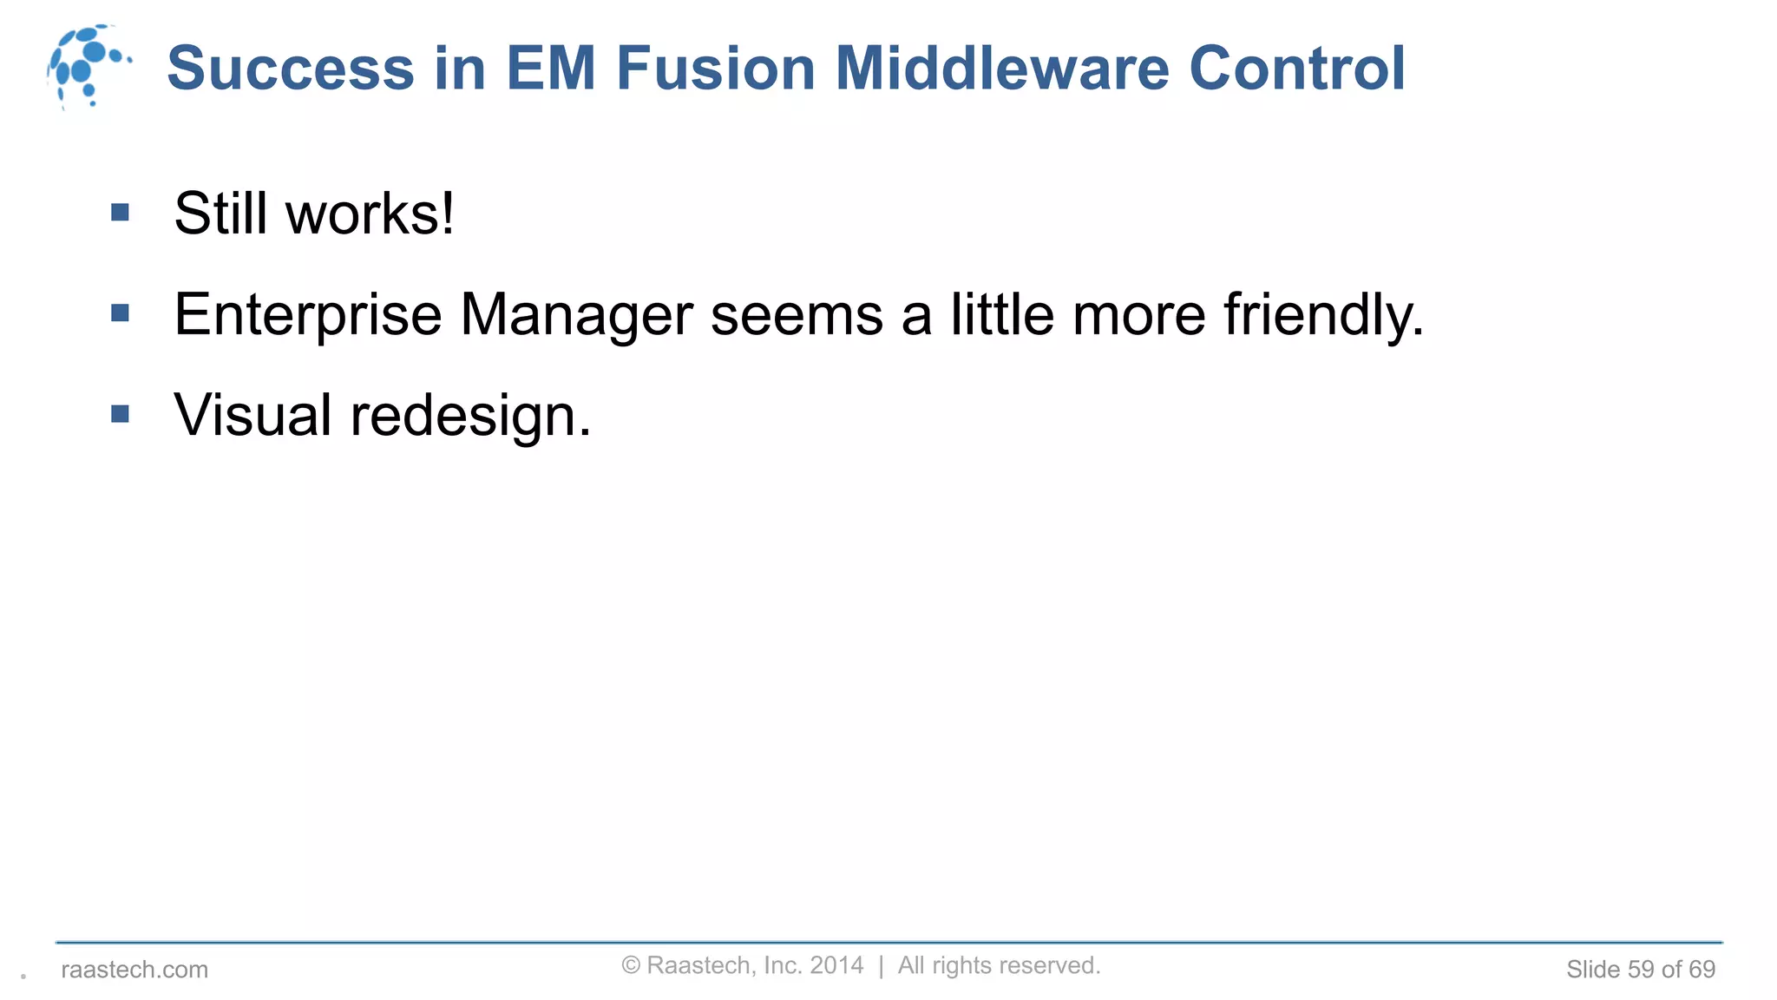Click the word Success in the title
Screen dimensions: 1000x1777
click(291, 68)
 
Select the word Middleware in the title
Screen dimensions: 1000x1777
click(1002, 68)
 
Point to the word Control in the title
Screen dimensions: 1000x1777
click(1297, 68)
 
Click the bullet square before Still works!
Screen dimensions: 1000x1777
click(121, 212)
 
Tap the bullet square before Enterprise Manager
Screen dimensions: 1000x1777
click(121, 312)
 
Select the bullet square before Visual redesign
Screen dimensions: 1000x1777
click(121, 414)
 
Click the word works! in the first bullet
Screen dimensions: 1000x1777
click(370, 214)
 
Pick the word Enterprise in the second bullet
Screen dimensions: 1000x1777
click(307, 314)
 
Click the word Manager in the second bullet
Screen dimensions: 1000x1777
click(576, 314)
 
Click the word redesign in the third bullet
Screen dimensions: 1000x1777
click(469, 417)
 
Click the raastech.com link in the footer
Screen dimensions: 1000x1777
click(134, 969)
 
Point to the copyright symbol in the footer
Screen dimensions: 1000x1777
click(631, 965)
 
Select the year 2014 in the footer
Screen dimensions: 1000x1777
click(836, 965)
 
